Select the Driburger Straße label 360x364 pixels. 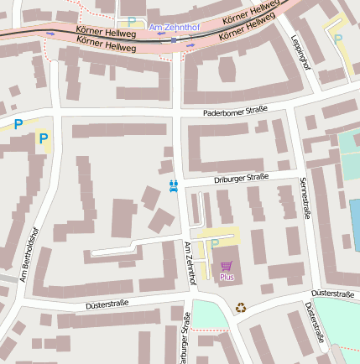241,178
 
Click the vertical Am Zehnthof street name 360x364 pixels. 190,263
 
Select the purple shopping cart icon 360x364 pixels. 227,266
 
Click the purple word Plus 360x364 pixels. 227,277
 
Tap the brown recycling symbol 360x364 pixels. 241,308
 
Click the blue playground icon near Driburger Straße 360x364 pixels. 174,186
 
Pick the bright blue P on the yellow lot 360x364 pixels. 44,138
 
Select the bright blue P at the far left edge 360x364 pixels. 18,124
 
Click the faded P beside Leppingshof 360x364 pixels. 338,39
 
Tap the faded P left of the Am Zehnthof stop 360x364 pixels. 131,23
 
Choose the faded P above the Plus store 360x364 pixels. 214,244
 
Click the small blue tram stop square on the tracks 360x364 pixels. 174,39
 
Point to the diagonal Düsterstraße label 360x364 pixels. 310,323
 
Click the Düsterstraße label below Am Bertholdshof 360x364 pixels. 107,303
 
